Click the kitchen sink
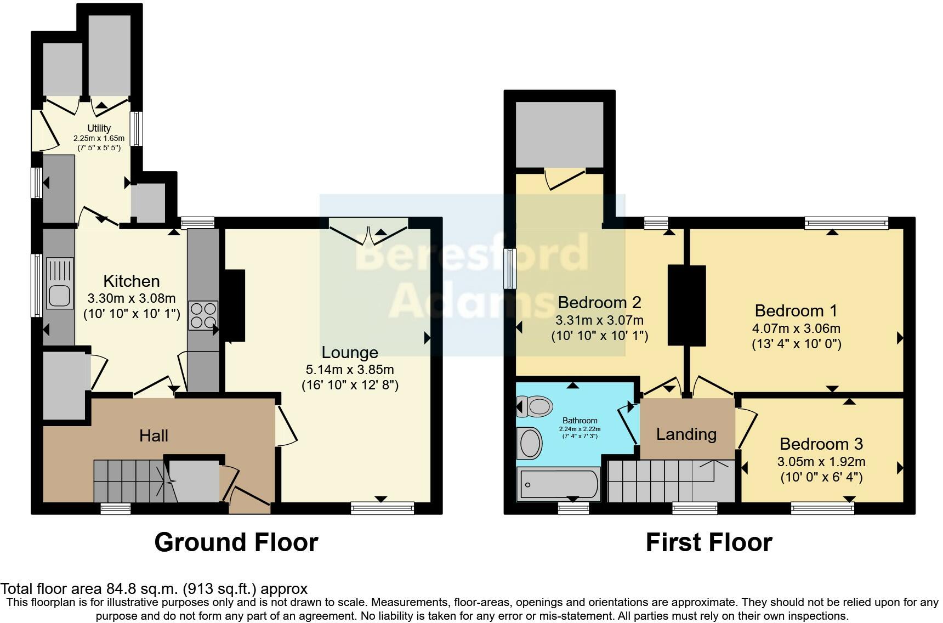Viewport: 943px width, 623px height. click(60, 284)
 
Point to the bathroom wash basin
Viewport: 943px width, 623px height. click(530, 443)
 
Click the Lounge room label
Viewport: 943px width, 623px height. click(350, 352)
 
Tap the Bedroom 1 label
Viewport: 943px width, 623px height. click(796, 310)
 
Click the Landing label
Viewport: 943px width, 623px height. click(686, 434)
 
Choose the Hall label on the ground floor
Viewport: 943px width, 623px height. click(154, 436)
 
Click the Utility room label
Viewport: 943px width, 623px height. click(99, 128)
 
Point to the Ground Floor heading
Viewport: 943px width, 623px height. click(236, 542)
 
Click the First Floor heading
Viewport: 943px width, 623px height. click(709, 542)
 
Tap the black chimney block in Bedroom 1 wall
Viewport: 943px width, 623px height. click(686, 305)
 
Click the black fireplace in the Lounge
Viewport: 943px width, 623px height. click(234, 305)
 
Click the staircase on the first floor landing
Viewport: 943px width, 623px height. click(671, 480)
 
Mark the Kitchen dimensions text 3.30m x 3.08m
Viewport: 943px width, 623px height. click(132, 298)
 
